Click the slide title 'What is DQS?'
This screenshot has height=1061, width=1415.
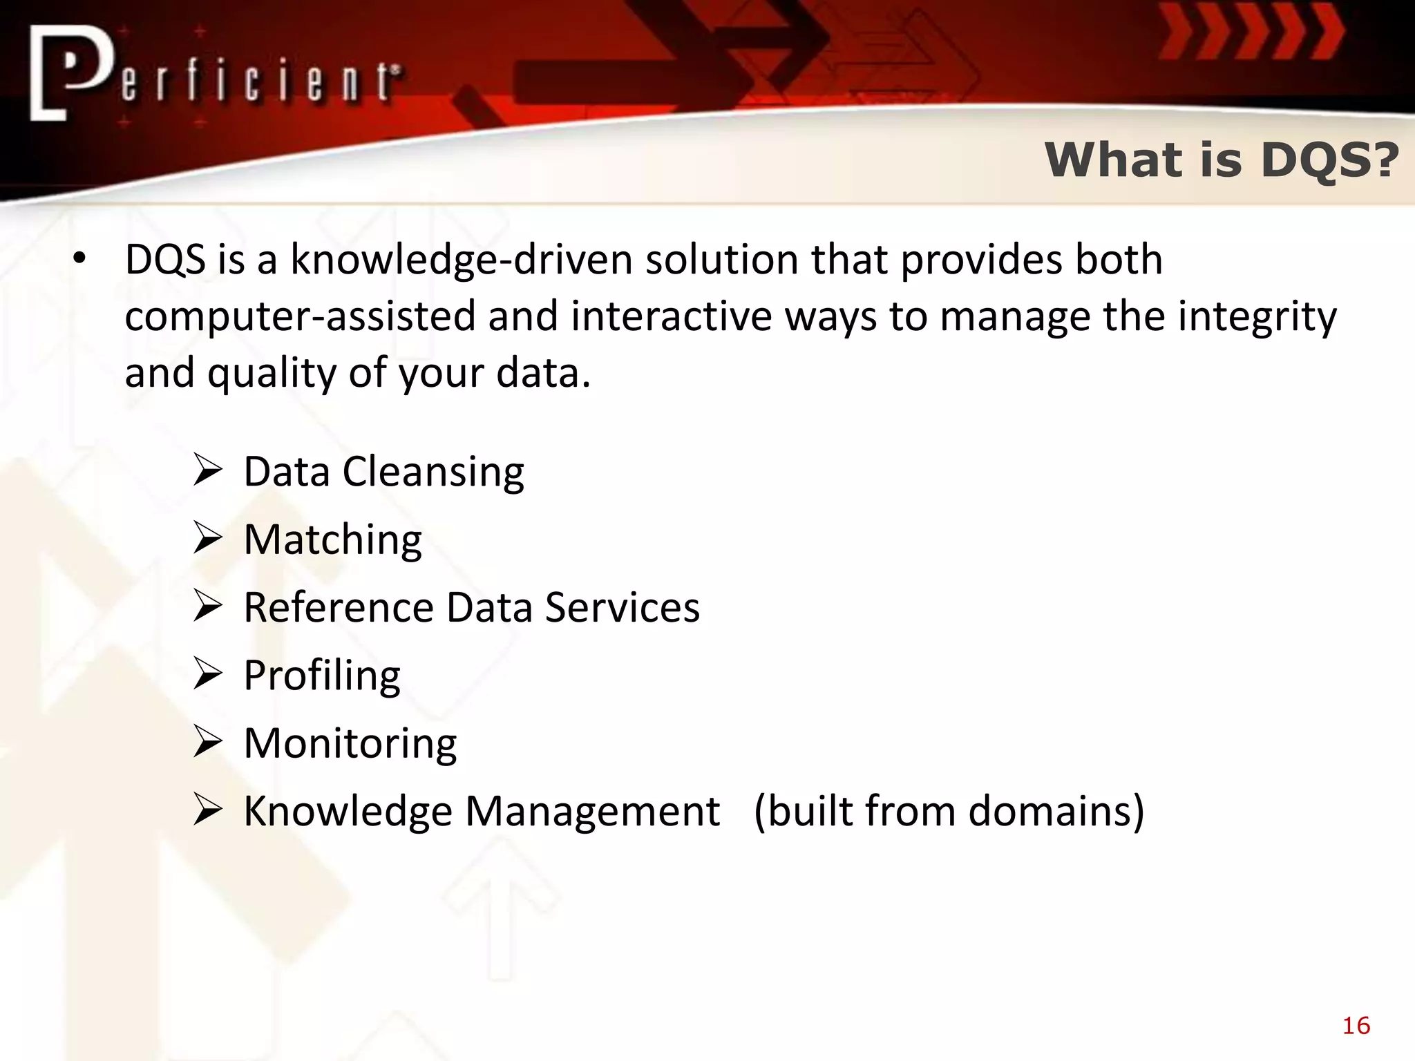coord(1221,160)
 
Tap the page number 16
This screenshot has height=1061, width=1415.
coord(1356,1026)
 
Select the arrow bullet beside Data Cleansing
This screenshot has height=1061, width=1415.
coord(207,471)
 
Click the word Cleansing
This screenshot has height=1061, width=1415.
coord(433,473)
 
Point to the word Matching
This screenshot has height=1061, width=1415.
coord(332,540)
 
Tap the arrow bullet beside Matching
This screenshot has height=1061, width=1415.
coord(207,539)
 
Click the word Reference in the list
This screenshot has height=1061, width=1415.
coord(339,608)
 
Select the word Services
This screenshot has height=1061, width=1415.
coord(622,608)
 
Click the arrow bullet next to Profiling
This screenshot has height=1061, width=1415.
coord(207,674)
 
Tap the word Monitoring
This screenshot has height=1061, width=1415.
coord(350,745)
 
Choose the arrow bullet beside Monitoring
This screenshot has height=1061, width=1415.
coord(207,742)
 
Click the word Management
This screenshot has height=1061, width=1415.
coord(592,811)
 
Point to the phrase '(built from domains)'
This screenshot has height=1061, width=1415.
coord(949,811)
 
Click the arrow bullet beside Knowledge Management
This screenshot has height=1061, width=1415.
coord(207,810)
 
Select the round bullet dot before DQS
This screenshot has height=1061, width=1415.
coord(80,260)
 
